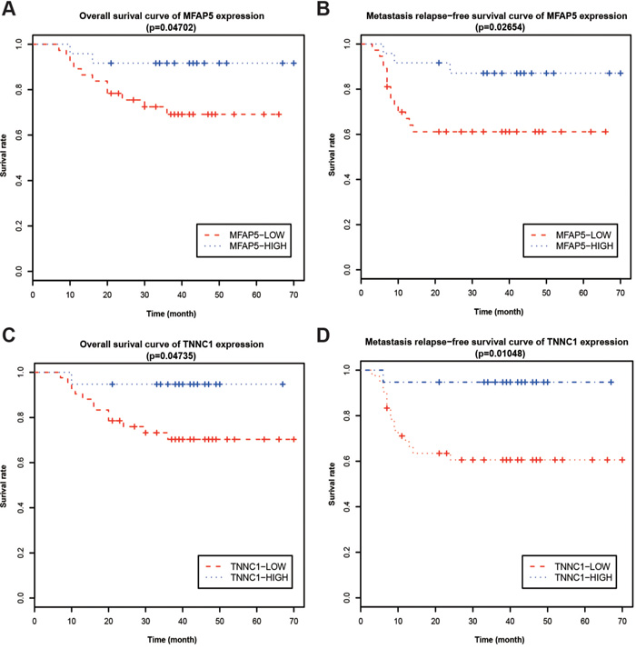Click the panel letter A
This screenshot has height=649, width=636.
[x=9, y=10]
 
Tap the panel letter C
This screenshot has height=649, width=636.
[x=9, y=335]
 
